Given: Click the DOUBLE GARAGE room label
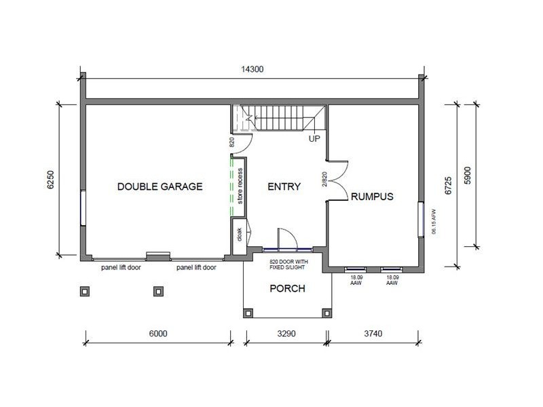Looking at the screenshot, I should pos(160,187).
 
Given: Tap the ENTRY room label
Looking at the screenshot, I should pos(284,187).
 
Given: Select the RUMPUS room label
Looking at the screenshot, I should pos(372,197).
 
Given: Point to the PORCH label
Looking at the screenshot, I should pos(287,288).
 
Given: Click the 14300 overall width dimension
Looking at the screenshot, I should pos(252,69).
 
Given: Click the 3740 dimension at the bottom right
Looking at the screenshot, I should pos(373,334).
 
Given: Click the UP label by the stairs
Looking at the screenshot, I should pos(314,139).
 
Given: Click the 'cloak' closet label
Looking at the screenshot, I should pos(240,234).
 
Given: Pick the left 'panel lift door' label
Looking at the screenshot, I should pos(121,268).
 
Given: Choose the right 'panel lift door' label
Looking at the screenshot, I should pos(196,268).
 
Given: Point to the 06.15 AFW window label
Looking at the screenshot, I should pos(432,222).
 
